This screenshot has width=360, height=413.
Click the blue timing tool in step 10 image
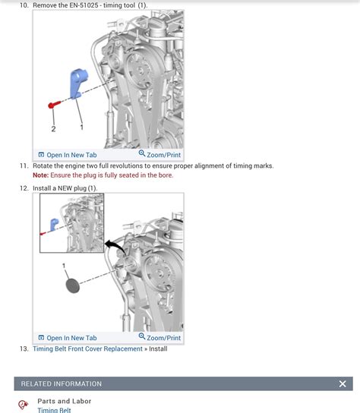[78, 84]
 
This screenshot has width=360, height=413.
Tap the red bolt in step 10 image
[52, 103]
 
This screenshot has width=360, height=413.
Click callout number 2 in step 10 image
[53, 129]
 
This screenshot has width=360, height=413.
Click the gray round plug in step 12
[72, 285]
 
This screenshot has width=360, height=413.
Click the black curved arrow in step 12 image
[115, 246]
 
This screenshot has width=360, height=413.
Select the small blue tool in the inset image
[55, 224]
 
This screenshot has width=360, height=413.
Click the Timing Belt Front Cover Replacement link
[87, 349]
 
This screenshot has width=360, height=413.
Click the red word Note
[40, 175]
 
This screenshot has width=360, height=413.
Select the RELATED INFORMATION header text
[61, 384]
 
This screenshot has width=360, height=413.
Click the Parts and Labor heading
[65, 401]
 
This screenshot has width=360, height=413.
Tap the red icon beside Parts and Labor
[23, 405]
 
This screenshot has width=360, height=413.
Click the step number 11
[24, 166]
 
